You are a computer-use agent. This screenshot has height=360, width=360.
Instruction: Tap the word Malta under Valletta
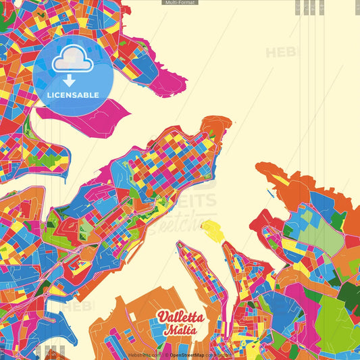(180, 330)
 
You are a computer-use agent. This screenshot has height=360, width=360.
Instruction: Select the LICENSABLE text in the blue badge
(73, 95)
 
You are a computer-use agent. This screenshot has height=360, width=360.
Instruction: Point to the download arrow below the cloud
(69, 80)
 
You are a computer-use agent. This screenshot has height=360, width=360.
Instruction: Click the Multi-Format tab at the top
(180, 3)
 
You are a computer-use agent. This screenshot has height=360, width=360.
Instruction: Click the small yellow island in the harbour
(211, 230)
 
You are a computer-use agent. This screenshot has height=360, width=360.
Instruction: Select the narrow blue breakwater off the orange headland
(271, 195)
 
